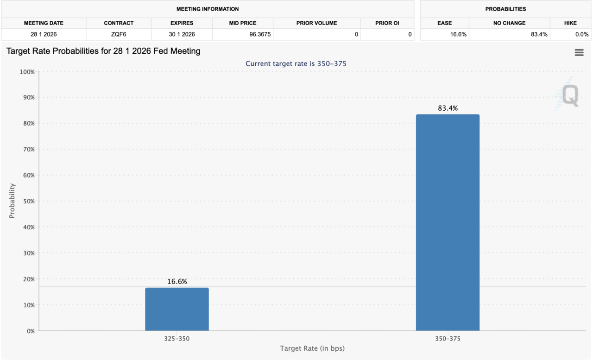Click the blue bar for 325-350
[x=177, y=309]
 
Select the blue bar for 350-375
[x=448, y=222]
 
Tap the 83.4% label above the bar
[x=448, y=108]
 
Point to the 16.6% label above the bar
[x=177, y=282]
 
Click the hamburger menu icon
[x=579, y=53]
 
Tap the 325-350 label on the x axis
[x=177, y=339]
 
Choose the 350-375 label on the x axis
[x=448, y=339]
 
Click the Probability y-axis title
[x=12, y=201]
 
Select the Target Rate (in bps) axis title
[x=312, y=348]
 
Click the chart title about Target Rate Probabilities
[x=103, y=51]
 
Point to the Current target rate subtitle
[x=296, y=63]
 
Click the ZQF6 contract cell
[x=119, y=34]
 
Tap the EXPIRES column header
[x=181, y=23]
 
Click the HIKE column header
[x=570, y=23]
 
